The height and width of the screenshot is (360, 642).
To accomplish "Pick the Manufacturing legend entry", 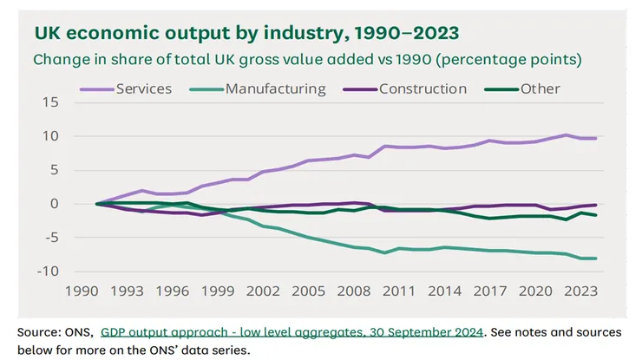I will click(x=276, y=88).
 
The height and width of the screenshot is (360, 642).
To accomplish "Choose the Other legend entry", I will click(x=540, y=88).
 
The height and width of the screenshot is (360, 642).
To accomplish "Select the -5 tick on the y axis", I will click(x=49, y=238).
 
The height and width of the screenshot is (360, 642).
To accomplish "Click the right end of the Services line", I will click(x=596, y=139).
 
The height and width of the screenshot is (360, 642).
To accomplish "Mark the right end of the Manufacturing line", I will click(x=596, y=259).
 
